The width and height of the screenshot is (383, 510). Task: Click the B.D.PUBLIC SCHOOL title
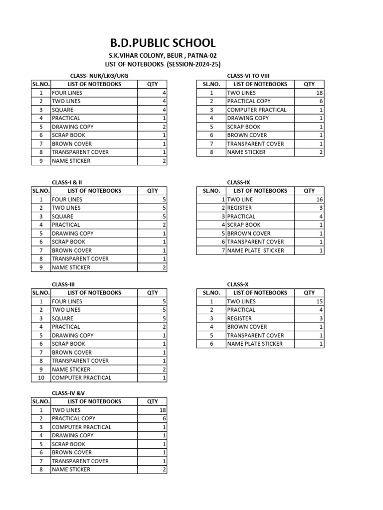(x=163, y=43)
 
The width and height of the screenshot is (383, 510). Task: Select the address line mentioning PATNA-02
(x=163, y=56)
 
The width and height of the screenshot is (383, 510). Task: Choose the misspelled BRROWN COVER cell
(x=249, y=234)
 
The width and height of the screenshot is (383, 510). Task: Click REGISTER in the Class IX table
(x=239, y=208)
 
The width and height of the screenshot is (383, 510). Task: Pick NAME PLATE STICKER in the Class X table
(x=255, y=344)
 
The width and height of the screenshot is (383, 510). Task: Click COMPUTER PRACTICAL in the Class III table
(x=81, y=378)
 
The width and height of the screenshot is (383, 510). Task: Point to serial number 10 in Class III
(x=41, y=378)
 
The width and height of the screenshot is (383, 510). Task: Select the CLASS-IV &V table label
(x=65, y=393)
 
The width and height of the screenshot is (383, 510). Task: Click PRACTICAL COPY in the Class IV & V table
(x=73, y=419)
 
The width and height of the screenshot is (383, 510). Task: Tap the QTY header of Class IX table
(x=309, y=191)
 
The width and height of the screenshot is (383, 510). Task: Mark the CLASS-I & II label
(x=67, y=182)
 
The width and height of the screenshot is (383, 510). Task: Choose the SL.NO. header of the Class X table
(x=211, y=293)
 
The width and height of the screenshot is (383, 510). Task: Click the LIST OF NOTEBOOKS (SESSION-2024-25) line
(x=163, y=65)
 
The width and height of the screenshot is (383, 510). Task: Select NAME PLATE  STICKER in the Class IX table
(x=255, y=251)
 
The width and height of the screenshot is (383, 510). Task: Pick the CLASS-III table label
(x=63, y=284)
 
